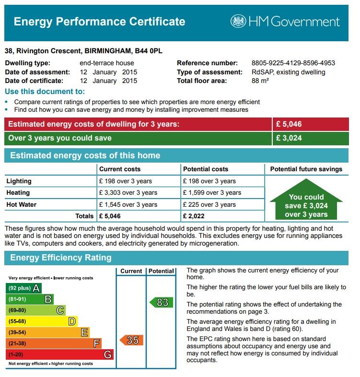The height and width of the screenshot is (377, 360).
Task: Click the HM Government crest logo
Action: pos(238,21)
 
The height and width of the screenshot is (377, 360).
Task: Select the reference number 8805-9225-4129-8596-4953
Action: pos(293,63)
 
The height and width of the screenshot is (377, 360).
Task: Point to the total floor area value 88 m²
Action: pos(260,81)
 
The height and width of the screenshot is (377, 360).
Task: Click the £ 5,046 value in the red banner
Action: pos(289,124)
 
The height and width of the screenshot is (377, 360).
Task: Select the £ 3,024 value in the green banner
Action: pos(289,138)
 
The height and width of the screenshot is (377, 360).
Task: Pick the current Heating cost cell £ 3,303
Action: pos(128,193)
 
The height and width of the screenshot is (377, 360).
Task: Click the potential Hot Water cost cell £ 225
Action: pos(209,205)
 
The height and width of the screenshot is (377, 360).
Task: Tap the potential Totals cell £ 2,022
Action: pos(194,216)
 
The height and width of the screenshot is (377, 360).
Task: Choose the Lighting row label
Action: pos(19,181)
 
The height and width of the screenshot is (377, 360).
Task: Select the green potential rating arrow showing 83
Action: pos(161,303)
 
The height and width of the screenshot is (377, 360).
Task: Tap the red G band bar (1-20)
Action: pos(59,355)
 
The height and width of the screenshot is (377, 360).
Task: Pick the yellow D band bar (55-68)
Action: pos(41,321)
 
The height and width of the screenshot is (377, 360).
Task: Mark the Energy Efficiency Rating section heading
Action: pos(61,258)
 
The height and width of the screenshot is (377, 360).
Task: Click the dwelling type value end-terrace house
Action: pos(107,63)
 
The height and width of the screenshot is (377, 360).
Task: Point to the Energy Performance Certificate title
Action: pos(99,22)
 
